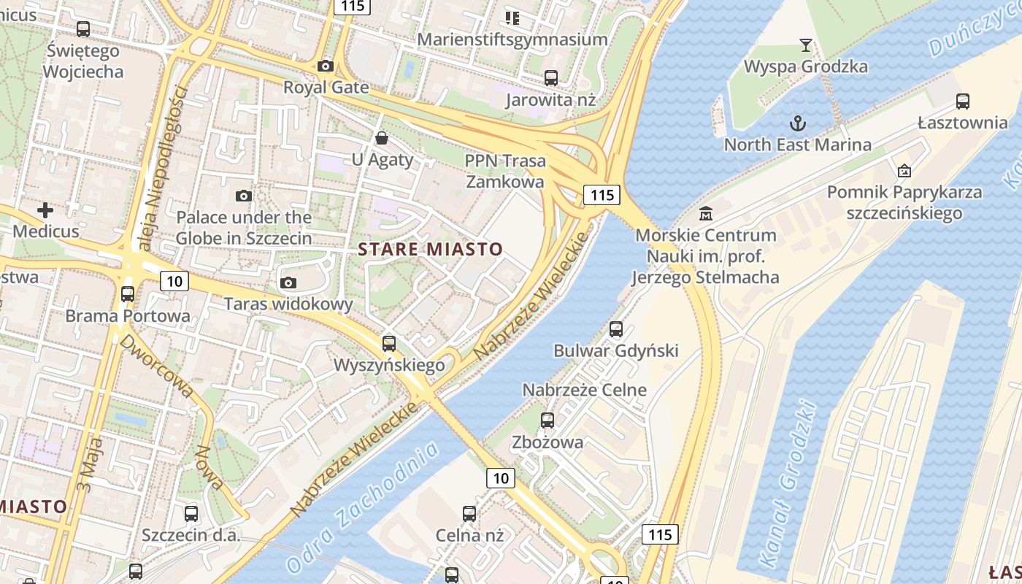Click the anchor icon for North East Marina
798,123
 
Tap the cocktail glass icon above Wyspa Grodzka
805,45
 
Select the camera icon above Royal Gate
326,66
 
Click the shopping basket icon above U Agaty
381,138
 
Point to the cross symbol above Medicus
45,211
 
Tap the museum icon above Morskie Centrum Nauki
705,214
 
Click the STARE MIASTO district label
431,249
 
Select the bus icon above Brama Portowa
128,294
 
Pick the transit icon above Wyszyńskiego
389,343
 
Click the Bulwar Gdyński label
616,350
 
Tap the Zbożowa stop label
547,442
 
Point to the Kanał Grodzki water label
788,484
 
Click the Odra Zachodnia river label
363,507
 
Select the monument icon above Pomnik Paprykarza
904,171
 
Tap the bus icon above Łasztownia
963,101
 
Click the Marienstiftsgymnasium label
512,39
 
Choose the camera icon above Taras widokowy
288,283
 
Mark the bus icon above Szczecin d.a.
191,513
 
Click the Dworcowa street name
157,366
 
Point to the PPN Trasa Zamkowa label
504,171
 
